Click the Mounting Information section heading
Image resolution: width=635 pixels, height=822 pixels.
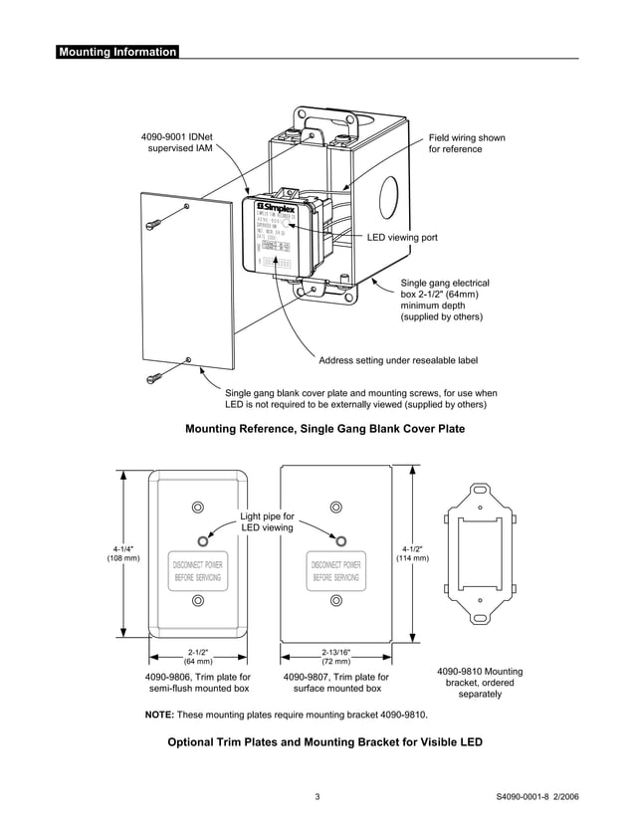117,52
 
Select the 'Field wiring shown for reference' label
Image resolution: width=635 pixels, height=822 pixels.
466,143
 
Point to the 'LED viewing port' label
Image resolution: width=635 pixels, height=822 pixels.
402,238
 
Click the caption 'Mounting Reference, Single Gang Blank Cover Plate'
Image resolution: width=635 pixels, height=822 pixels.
325,429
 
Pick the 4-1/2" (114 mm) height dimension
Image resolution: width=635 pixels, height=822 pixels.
412,553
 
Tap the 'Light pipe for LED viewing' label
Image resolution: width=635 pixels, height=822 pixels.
268,521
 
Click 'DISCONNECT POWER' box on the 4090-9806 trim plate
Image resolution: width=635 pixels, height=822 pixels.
197,570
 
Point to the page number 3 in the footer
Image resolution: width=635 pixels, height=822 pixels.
317,797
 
